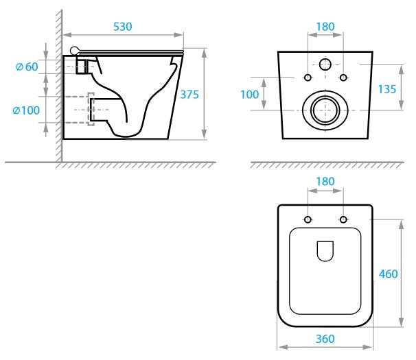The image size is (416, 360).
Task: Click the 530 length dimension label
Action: point(123,26)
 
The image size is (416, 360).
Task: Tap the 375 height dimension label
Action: point(191,95)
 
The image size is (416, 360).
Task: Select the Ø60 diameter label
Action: point(26,67)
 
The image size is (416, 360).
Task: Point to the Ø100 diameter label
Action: point(27,109)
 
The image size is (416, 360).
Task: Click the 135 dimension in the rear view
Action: point(389,89)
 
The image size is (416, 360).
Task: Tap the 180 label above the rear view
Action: point(325,27)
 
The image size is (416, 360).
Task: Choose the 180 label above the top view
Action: point(325,182)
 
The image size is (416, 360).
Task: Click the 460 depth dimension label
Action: point(389,274)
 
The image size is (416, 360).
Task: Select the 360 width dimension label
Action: point(325,339)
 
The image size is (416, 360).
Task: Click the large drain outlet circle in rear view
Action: point(325,109)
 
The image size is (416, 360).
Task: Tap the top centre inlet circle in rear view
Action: point(325,66)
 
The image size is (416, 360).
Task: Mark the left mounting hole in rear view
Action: point(307,76)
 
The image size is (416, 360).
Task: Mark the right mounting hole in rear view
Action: point(344,76)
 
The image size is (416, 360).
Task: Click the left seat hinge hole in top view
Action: point(307,219)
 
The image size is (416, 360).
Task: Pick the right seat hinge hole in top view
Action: point(343,219)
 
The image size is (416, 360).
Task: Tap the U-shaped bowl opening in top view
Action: point(325,252)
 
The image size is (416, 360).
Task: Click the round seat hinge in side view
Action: point(75,50)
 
